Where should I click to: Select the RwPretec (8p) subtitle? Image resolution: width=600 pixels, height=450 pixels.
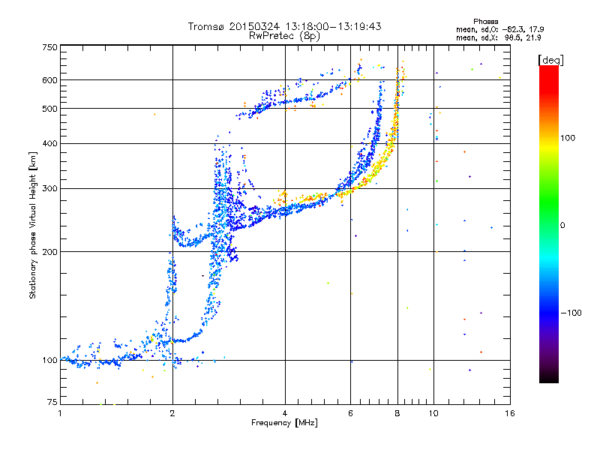(284, 36)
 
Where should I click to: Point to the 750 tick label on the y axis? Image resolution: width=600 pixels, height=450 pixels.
(49, 47)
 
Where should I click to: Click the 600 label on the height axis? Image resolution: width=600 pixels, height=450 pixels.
(49, 80)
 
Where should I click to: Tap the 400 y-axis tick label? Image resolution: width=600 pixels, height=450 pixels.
(49, 143)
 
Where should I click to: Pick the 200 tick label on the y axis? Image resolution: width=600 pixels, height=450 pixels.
(49, 252)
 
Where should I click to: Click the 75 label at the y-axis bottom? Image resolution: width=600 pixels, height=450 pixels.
(52, 402)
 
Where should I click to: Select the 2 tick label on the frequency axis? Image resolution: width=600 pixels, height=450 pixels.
(172, 413)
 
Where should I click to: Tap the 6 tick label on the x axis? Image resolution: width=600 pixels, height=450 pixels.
(350, 413)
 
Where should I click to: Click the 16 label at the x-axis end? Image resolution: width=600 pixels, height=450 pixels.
(510, 413)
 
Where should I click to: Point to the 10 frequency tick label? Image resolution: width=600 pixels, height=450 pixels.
(433, 413)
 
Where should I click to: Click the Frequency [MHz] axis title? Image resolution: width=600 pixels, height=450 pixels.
(284, 423)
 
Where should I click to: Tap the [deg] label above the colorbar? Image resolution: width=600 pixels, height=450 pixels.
(550, 60)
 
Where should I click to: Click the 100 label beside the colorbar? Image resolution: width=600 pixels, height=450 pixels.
(568, 138)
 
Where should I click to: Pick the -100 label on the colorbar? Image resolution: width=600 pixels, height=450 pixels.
(571, 313)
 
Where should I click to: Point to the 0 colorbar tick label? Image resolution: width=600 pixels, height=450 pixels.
(562, 226)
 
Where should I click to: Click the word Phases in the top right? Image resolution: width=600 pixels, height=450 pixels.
(486, 22)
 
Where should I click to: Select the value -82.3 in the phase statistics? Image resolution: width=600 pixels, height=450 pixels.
(514, 29)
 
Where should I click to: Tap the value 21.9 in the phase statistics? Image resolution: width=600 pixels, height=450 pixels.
(533, 37)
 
